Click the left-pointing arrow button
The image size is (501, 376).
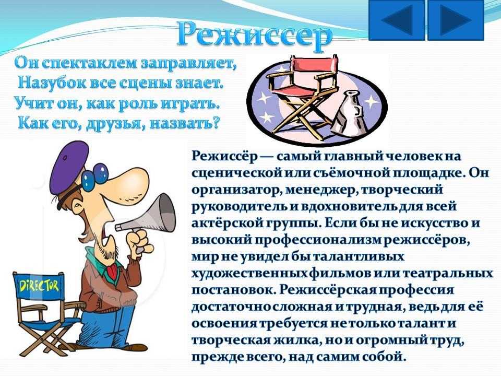click(397, 20)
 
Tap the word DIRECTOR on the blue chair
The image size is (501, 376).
click(39, 286)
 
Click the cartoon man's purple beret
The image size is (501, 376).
click(69, 167)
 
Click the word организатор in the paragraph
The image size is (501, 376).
click(233, 190)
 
